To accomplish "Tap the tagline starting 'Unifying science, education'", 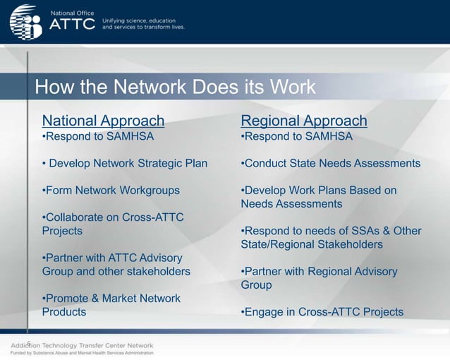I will coord(143,24).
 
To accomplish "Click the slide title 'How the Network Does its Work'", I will coord(175,88).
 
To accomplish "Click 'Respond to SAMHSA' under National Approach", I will coord(97,136).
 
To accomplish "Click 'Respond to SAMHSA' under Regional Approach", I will coord(296,136).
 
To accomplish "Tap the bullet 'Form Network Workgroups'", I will coord(111,190).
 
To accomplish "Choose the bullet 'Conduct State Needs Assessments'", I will coord(331,163).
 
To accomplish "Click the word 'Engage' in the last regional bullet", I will coord(262,312).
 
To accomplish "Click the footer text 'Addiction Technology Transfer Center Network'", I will coord(82,345).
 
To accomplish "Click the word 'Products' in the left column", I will coord(64,312).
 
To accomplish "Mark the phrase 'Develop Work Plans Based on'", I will coord(319,190).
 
